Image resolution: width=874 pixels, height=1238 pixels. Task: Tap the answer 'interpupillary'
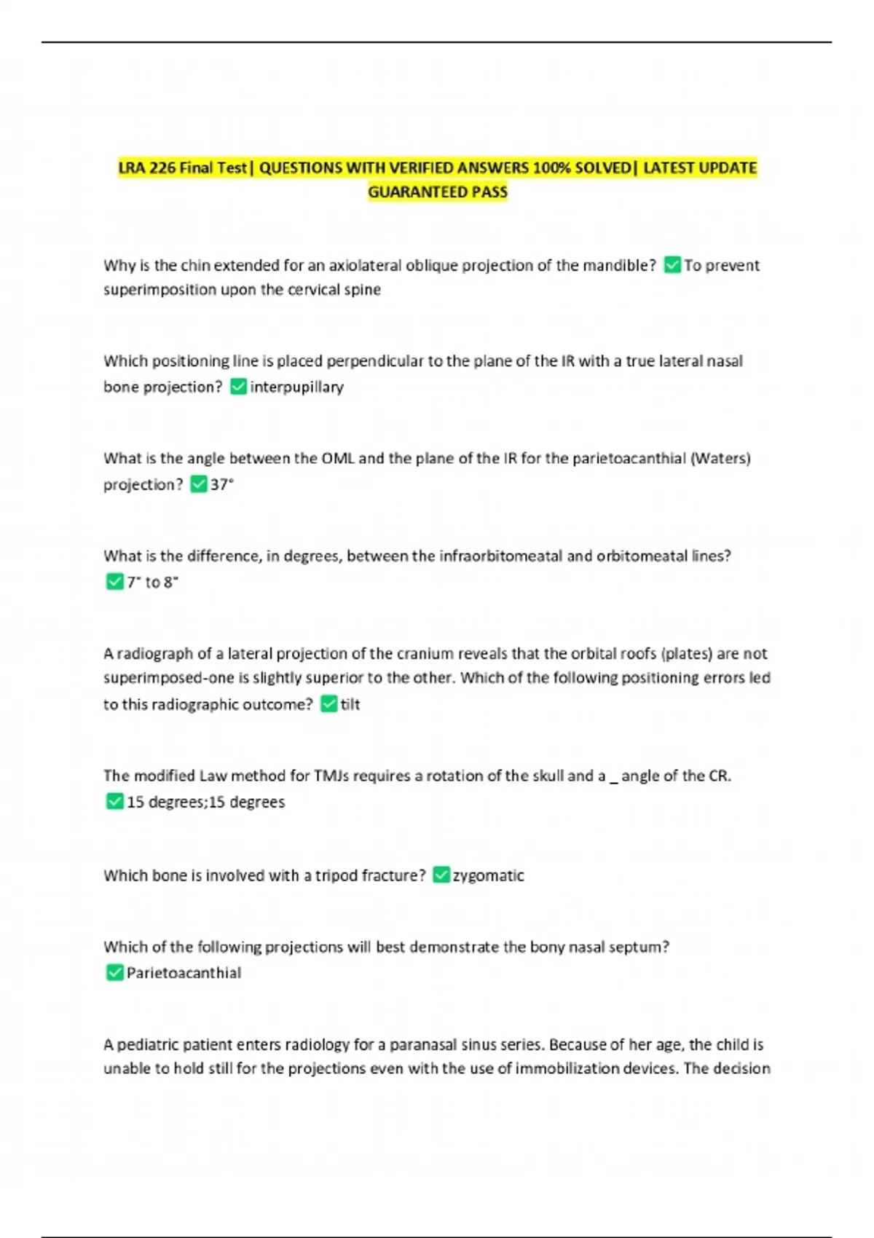click(296, 387)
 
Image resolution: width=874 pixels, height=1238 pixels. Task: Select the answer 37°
click(222, 484)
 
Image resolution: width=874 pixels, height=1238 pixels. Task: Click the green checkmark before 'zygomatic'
click(441, 875)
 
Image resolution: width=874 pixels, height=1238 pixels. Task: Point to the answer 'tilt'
click(350, 704)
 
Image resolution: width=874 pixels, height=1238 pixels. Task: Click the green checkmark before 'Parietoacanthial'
click(114, 972)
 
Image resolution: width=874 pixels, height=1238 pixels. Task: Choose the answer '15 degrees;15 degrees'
click(205, 802)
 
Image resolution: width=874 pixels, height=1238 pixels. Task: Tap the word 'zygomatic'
click(488, 875)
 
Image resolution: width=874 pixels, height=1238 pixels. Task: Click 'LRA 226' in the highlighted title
click(147, 168)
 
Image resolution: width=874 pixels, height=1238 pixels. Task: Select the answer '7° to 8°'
click(152, 582)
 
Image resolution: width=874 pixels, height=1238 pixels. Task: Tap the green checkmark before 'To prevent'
click(672, 265)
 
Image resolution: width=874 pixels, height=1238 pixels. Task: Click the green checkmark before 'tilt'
click(328, 703)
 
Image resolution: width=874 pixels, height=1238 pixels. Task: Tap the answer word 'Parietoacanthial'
click(184, 973)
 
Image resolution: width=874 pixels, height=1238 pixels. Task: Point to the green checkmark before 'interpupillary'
click(238, 387)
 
